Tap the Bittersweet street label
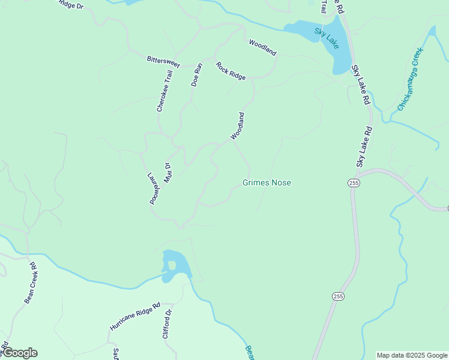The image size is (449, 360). [164, 61]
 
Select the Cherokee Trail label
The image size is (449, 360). [164, 91]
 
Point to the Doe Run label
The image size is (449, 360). [197, 75]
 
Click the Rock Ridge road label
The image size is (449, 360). [231, 71]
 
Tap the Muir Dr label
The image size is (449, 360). [167, 173]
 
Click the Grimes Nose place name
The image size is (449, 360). [267, 182]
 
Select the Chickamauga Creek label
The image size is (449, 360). [411, 80]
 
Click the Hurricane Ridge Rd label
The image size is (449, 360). [135, 316]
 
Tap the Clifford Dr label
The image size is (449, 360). [167, 324]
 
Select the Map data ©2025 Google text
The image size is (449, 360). [412, 355]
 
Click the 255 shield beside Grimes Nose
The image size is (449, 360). [354, 183]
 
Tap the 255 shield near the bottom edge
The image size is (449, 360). [338, 296]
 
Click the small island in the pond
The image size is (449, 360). [172, 265]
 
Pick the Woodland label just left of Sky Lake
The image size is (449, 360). [262, 47]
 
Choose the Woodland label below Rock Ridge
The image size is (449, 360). [238, 126]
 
